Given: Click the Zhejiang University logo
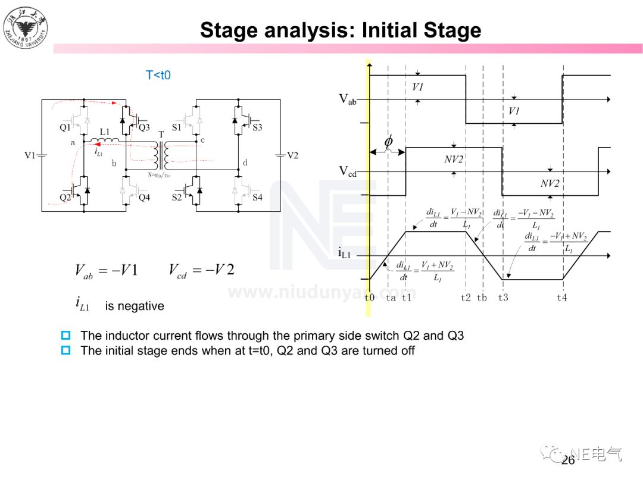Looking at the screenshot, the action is coord(26,27).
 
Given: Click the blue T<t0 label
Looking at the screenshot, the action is coord(158,76).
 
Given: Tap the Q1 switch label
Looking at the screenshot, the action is coord(65,127).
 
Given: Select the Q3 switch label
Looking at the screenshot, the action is coord(144,127).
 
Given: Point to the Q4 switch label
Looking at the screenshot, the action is coord(144,198).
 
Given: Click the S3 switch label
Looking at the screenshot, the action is coord(257,127).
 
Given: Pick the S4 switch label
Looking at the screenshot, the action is coord(257,198).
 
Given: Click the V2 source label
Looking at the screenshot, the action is coord(292,155).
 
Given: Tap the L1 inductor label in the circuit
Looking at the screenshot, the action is coord(105,132).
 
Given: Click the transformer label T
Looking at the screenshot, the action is coord(161,134).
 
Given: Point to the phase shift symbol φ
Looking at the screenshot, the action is coord(388,142).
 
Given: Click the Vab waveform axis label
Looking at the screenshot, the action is coord(348,99).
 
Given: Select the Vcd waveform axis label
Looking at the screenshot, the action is coord(348,171).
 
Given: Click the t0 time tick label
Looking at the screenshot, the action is coord(369,298).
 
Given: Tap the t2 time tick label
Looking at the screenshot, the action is coord(466,298).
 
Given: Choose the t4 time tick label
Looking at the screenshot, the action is coord(562,298).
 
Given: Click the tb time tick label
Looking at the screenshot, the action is coord(482,298).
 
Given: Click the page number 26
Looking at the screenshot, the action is coord(567,461).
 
